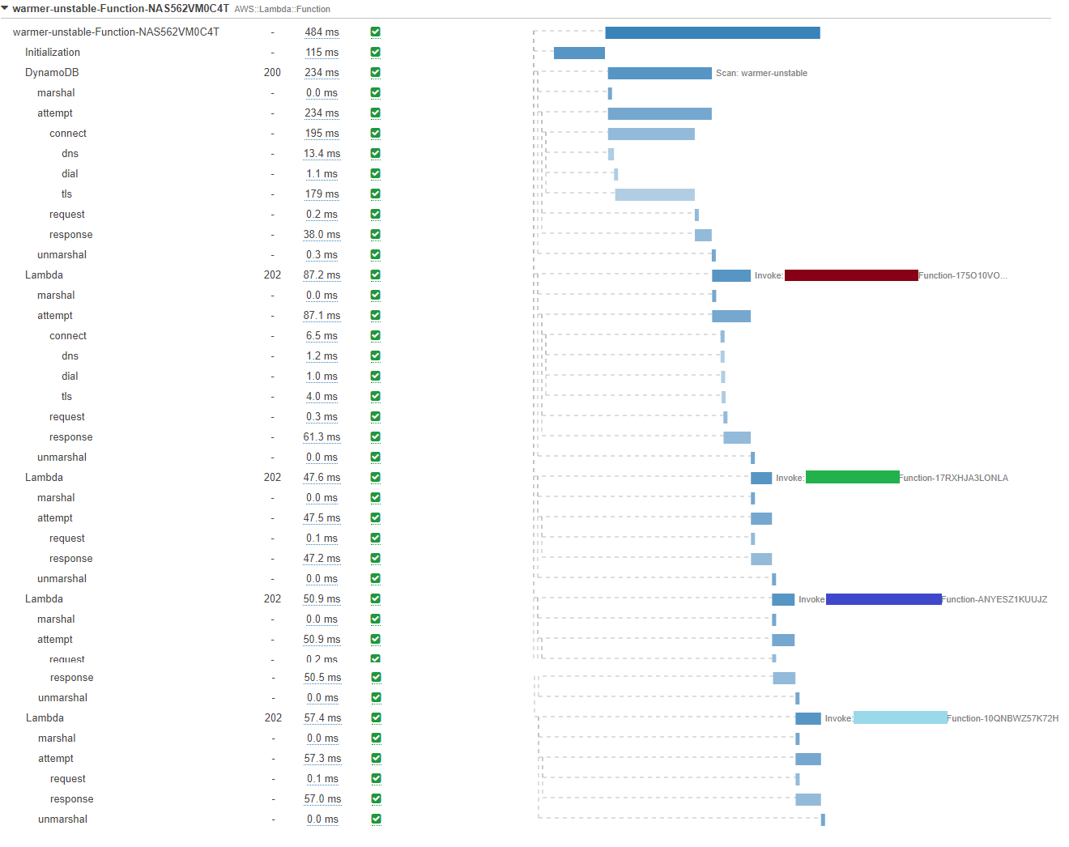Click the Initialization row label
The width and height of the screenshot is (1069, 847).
[x=53, y=53]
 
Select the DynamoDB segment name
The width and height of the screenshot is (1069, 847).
[x=52, y=73]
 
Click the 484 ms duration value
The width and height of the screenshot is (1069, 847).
[x=322, y=32]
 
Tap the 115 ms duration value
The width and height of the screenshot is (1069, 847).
[x=322, y=53]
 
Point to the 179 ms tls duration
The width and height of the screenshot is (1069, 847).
[x=322, y=194]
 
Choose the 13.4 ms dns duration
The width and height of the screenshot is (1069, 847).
[x=322, y=154]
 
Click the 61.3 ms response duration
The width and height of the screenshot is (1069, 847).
[x=322, y=437]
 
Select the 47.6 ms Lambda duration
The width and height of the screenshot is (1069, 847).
[x=322, y=478]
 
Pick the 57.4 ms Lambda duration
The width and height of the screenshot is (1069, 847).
[x=322, y=718]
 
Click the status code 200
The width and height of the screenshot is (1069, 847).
[x=272, y=73]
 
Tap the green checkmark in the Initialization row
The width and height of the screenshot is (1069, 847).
[x=376, y=53]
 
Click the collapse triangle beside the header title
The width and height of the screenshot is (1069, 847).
[x=5, y=9]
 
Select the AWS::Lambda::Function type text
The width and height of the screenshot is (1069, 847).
[x=282, y=10]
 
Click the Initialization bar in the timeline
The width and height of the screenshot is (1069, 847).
[x=579, y=53]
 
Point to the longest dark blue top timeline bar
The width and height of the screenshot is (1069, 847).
[x=713, y=33]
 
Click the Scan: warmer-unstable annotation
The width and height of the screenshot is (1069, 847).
[x=761, y=74]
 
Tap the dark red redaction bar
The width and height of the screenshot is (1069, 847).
[x=851, y=275]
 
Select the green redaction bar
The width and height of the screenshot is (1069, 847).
[x=852, y=478]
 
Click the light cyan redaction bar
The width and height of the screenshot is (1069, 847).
[x=900, y=718]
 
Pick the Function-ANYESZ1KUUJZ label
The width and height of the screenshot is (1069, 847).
[x=994, y=600]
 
